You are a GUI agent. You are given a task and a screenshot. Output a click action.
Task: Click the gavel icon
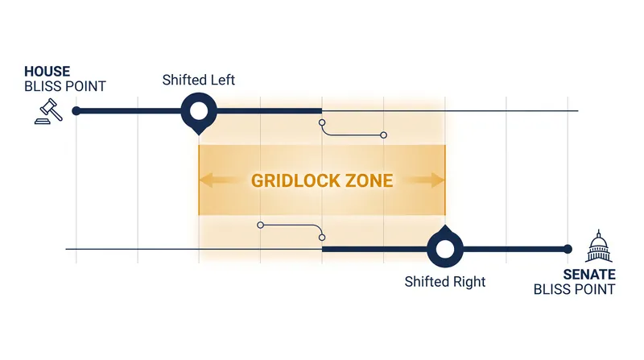(48, 111)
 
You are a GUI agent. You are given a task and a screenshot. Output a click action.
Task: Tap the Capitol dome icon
(599, 246)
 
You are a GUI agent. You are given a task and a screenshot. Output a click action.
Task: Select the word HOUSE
(47, 72)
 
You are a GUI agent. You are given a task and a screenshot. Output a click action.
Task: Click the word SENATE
(589, 275)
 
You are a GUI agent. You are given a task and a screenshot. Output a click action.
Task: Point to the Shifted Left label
(198, 80)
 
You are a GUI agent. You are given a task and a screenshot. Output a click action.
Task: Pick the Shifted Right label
(445, 282)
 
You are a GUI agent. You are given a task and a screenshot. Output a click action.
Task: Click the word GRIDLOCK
(295, 181)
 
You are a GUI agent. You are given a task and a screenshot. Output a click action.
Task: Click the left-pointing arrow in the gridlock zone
(218, 180)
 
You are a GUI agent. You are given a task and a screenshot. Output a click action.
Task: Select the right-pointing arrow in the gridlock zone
(425, 180)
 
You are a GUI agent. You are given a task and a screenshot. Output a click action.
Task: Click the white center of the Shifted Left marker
(199, 111)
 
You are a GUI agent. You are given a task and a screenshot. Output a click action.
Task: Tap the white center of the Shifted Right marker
(445, 249)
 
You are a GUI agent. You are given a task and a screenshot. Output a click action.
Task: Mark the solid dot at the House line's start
(76, 111)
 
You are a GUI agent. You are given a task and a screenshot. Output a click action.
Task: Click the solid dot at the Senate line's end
(568, 249)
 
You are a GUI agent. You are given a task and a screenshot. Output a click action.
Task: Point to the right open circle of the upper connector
(384, 135)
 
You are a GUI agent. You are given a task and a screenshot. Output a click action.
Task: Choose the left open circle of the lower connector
(260, 226)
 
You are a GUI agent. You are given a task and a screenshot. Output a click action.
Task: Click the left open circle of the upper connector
(322, 122)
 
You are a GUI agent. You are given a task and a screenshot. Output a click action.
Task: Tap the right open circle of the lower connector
(322, 237)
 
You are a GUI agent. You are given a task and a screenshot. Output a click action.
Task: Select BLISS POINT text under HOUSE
(65, 87)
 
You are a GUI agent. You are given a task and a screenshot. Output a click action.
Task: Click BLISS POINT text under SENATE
(574, 289)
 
